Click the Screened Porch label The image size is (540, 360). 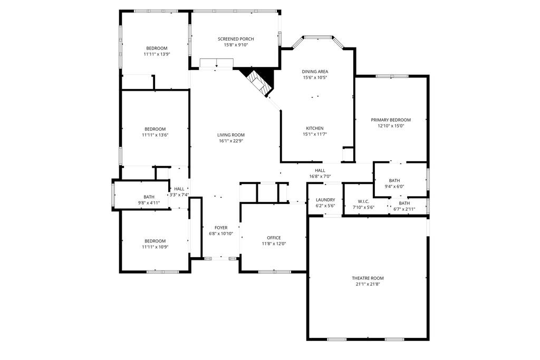(236, 39)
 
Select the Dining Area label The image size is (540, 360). (315, 72)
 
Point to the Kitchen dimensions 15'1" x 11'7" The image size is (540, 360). (315, 134)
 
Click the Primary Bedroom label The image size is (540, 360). (391, 120)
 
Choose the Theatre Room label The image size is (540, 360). (368, 278)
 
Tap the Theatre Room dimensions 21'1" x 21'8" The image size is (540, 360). (368, 284)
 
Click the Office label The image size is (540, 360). (274, 238)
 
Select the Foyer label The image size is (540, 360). (221, 228)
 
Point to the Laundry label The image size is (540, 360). (325, 200)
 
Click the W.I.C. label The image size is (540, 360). (363, 201)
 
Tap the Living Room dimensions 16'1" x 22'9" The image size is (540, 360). (231, 141)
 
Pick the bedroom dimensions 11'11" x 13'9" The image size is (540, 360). (157, 54)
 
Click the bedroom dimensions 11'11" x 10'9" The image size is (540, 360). (155, 247)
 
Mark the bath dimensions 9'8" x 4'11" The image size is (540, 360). (149, 203)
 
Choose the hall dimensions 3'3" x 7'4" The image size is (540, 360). (179, 195)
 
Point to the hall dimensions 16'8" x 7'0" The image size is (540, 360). (320, 176)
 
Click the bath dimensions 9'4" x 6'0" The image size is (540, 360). (394, 187)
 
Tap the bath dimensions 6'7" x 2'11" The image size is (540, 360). (404, 209)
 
